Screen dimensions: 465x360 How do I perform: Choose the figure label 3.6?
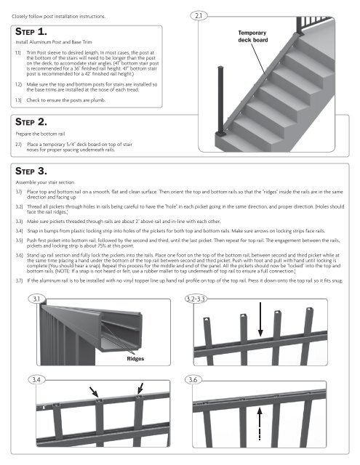[x=199, y=379]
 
